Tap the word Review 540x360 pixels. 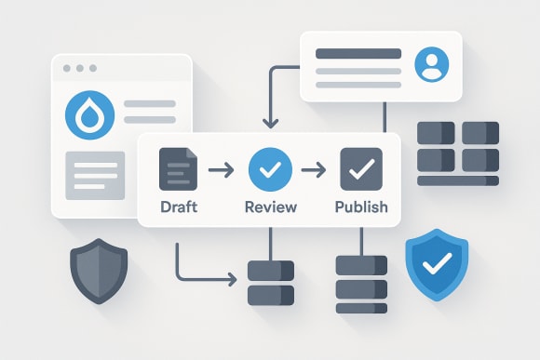[x=270, y=206]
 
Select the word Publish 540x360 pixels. [x=360, y=206]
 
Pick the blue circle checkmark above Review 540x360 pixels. [x=270, y=169]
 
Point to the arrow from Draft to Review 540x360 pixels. [x=222, y=169]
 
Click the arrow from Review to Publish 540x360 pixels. [x=314, y=169]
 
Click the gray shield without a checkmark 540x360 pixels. [x=99, y=271]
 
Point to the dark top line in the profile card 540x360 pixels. [x=358, y=53]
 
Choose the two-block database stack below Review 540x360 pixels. [x=270, y=283]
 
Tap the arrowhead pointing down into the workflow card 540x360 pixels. [x=270, y=124]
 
